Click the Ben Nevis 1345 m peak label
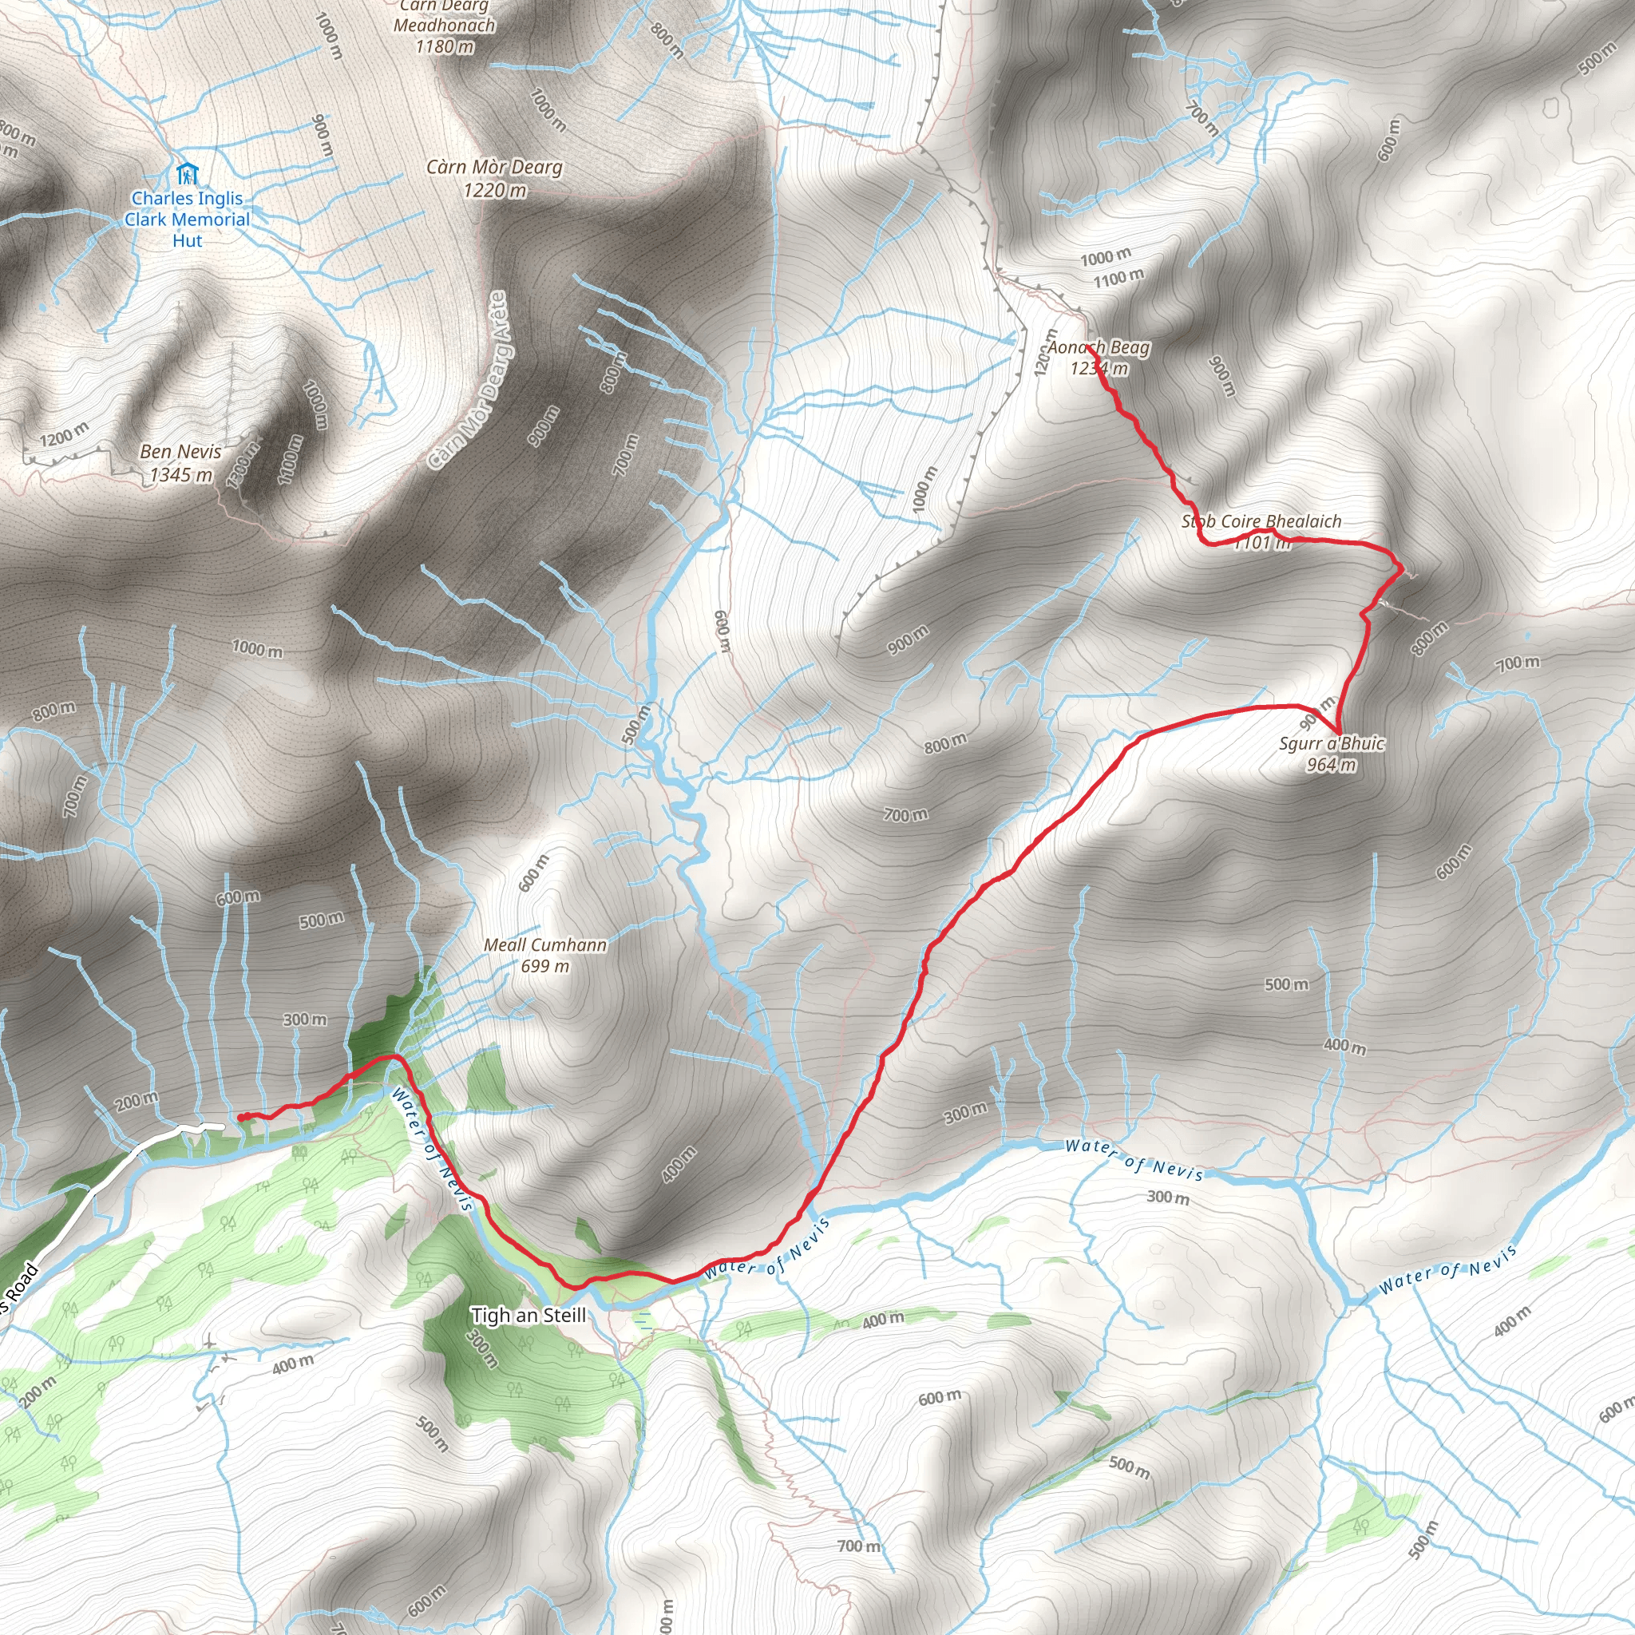181,463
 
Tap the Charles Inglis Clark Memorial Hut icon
187,174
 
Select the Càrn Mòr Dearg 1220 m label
494,179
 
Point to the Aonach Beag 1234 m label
1099,357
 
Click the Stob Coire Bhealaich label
1261,522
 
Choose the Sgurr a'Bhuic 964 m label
1331,754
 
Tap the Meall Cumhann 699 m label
545,955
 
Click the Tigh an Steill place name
528,1315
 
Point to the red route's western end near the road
240,1117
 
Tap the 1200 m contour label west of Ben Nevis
64,434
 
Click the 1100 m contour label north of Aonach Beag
1118,277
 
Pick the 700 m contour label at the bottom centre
858,1546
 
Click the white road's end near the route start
222,1126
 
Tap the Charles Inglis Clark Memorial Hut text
187,220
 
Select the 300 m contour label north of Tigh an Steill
305,1019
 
